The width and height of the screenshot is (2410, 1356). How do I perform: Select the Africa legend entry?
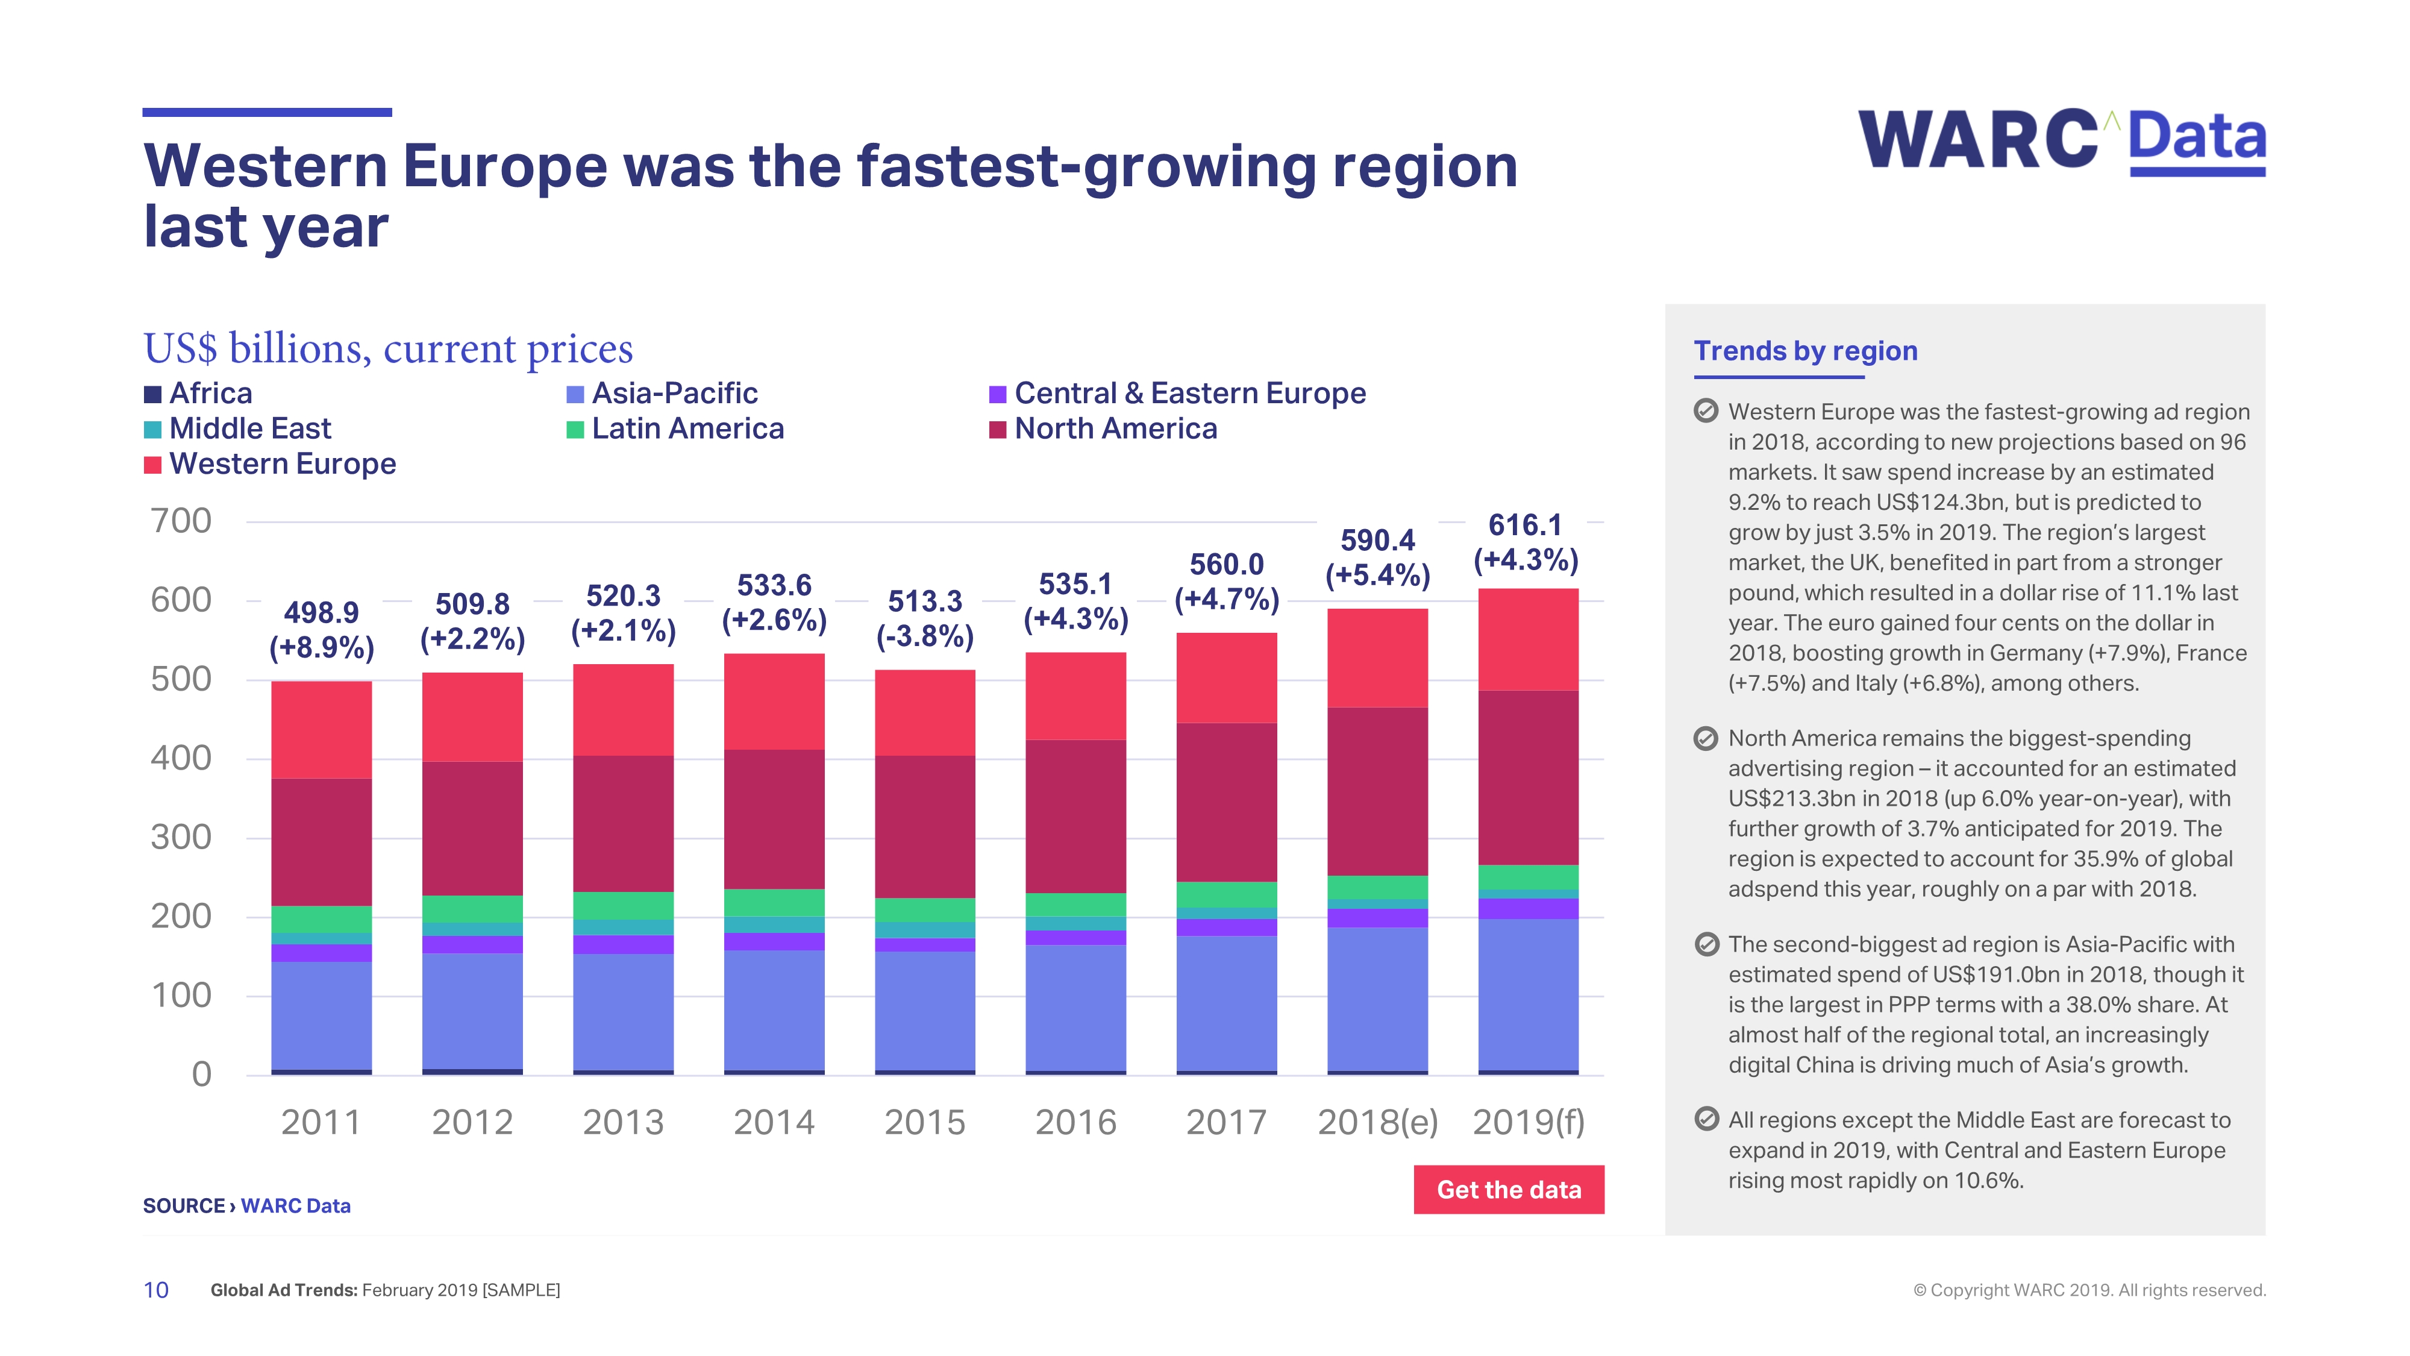pos(198,393)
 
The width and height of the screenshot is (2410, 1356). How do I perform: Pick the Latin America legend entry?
pos(675,428)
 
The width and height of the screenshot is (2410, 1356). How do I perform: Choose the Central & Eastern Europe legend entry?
pos(1177,393)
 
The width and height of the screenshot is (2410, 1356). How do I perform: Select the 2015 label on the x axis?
pos(924,1122)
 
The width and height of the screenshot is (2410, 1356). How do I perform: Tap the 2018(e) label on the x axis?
pos(1377,1122)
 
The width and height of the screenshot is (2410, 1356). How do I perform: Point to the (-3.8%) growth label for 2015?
pos(924,636)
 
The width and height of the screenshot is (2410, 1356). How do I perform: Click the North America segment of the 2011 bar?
pos(321,843)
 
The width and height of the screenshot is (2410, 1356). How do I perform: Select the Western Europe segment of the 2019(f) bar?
pos(1528,639)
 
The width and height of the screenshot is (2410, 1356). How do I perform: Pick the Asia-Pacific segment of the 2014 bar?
pos(774,1011)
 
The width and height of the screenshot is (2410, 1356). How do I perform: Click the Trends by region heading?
pos(1804,351)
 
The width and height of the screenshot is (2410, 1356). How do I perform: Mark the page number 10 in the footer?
pos(155,1290)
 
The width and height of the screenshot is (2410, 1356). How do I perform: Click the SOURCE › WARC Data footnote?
pos(246,1207)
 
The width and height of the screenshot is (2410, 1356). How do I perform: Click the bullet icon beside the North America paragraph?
pos(1706,739)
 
